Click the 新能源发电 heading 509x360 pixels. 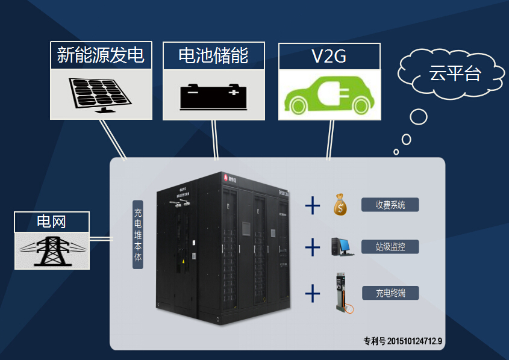pyautogui.click(x=101, y=55)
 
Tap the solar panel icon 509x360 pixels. pyautogui.click(x=99, y=94)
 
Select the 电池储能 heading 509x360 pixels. pyautogui.click(x=213, y=55)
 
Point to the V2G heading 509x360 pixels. pyautogui.click(x=329, y=56)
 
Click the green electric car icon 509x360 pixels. pyautogui.click(x=329, y=95)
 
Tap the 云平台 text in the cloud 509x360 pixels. pyautogui.click(x=454, y=74)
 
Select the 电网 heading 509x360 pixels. pyautogui.click(x=52, y=222)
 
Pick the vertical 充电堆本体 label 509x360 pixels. pyautogui.click(x=137, y=235)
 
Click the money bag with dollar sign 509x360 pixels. pyautogui.click(x=341, y=205)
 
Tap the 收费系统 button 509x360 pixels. pyautogui.click(x=390, y=205)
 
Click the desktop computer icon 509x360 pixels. pyautogui.click(x=342, y=246)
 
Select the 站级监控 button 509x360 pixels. pyautogui.click(x=390, y=246)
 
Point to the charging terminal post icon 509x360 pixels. pyautogui.click(x=342, y=293)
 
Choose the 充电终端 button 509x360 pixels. pyautogui.click(x=390, y=293)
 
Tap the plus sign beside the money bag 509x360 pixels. pyautogui.click(x=312, y=205)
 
